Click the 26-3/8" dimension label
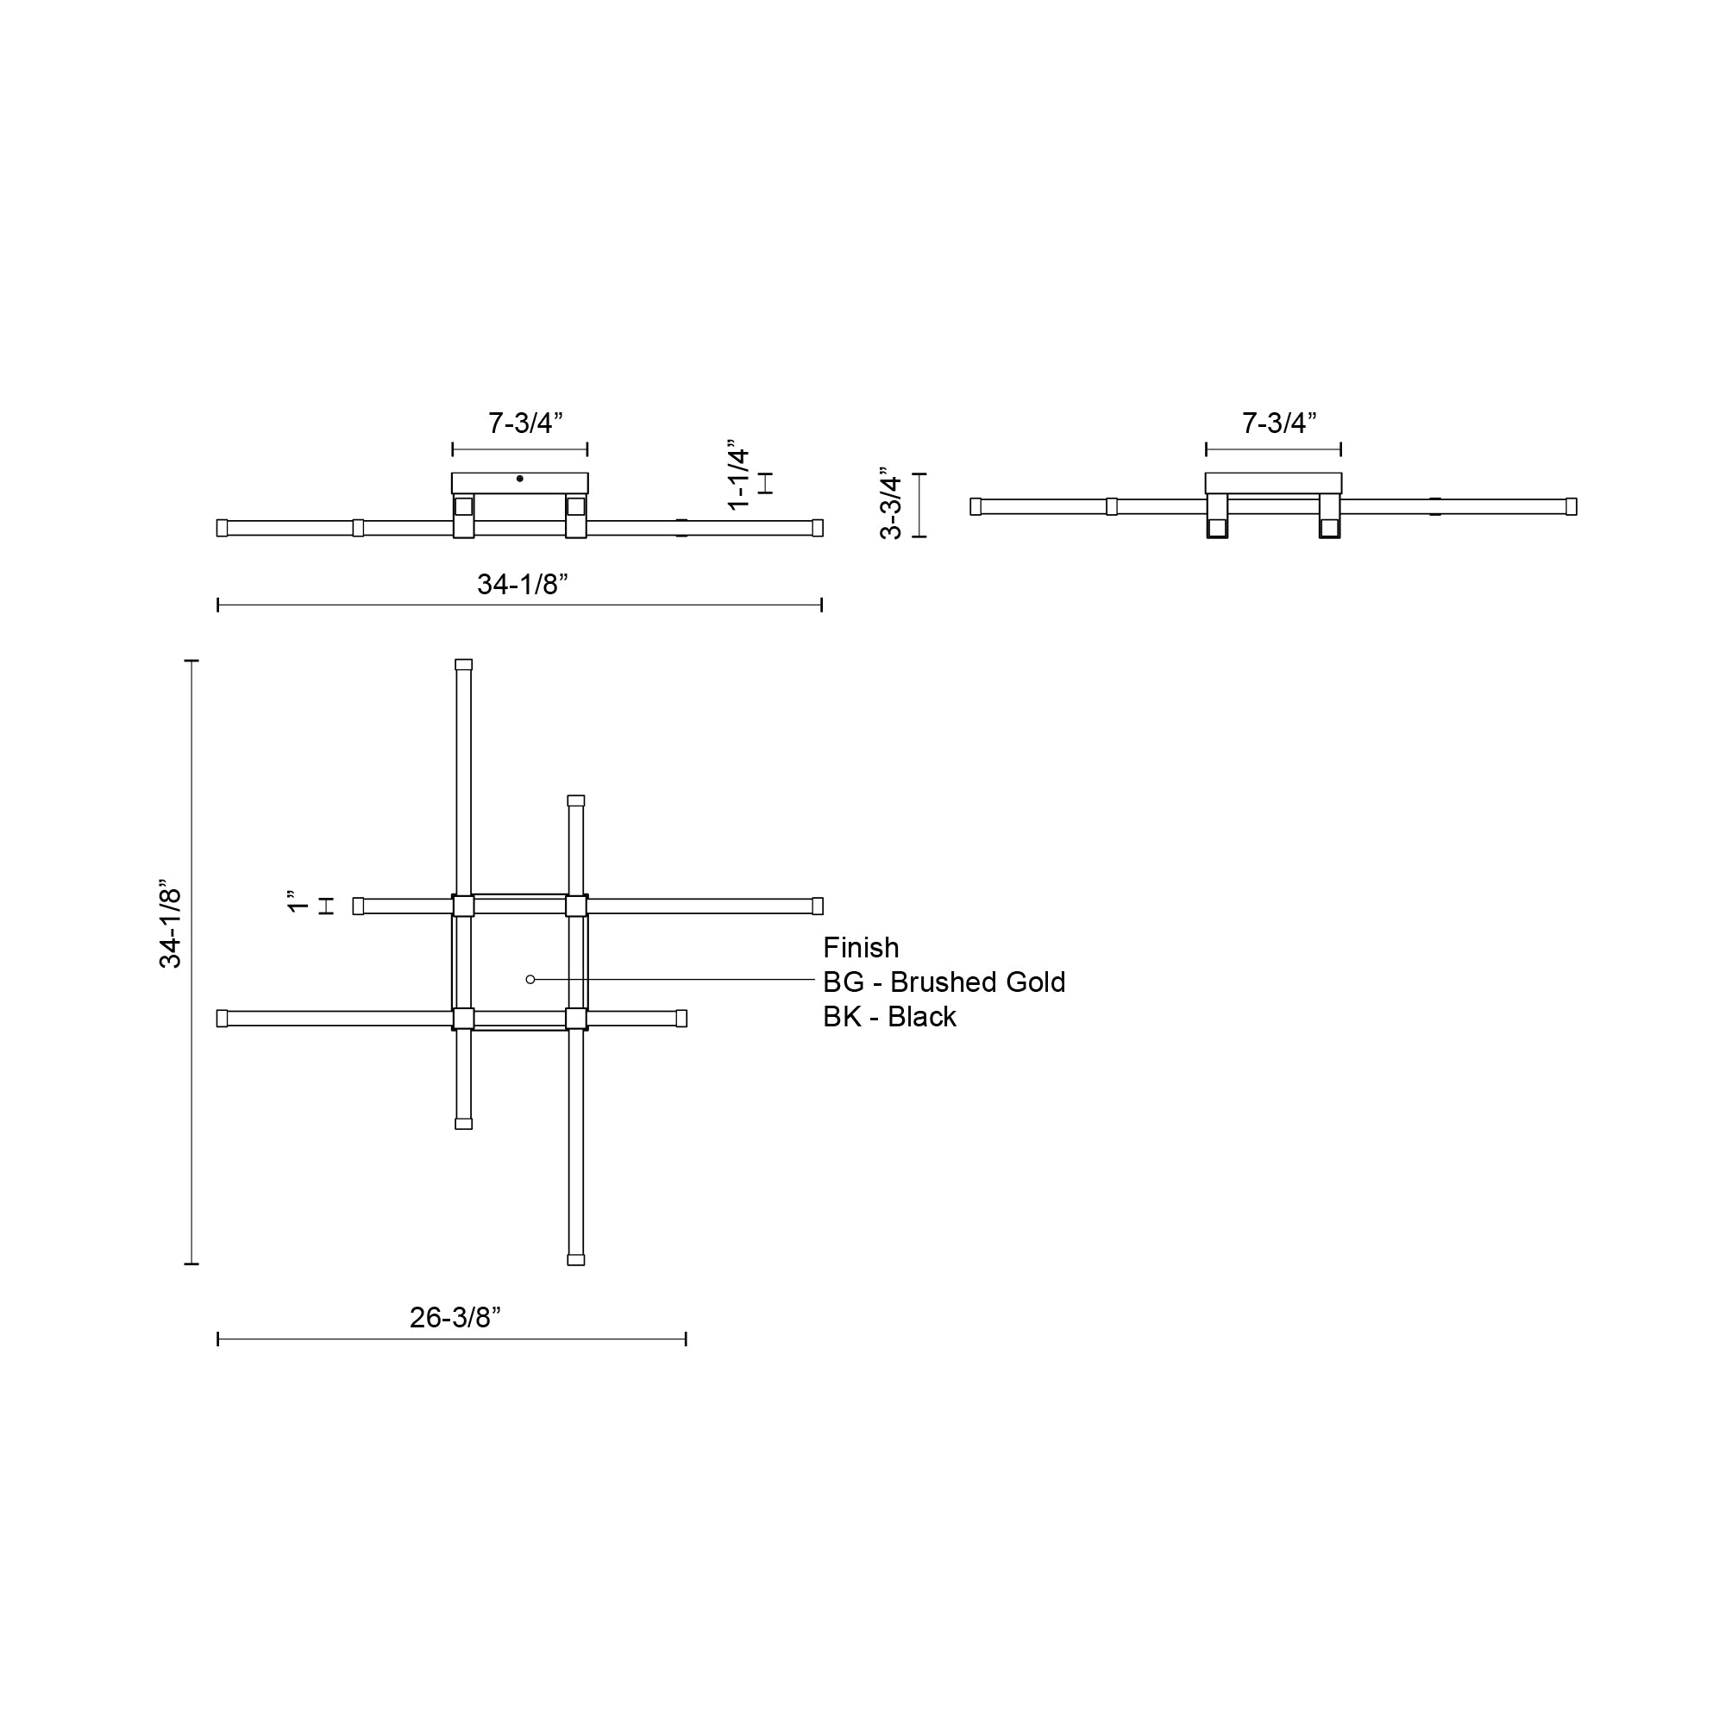click(455, 1318)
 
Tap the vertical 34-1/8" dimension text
click(171, 929)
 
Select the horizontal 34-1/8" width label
click(523, 585)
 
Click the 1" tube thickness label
click(298, 902)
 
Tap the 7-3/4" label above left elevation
click(525, 423)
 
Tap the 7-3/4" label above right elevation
click(1278, 423)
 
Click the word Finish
click(861, 948)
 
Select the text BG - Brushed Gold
click(944, 982)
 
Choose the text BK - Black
click(889, 1017)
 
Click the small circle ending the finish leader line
click(530, 980)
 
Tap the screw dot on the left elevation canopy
click(519, 479)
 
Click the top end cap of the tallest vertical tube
click(463, 665)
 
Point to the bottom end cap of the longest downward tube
click(576, 1259)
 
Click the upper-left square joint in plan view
click(463, 906)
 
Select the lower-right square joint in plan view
click(576, 1019)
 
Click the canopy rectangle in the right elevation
click(1273, 483)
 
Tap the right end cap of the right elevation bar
click(1571, 506)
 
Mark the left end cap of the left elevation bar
click(223, 528)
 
